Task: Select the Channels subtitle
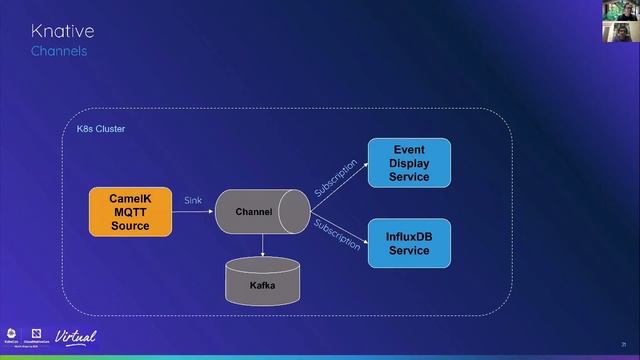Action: [x=58, y=50]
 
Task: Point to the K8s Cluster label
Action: [x=101, y=130]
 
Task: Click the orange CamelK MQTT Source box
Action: [x=129, y=212]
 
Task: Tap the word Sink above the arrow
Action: [x=193, y=201]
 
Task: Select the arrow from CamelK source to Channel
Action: [x=193, y=212]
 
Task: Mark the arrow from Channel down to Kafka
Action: [x=262, y=245]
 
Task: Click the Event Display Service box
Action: [x=409, y=163]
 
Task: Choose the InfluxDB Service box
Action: [x=409, y=243]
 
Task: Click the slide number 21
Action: [x=622, y=343]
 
